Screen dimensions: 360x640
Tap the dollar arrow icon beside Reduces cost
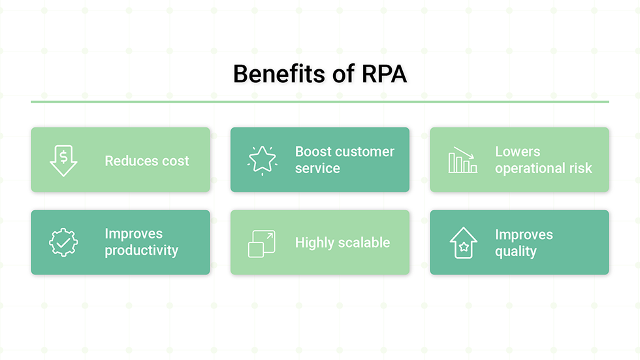pyautogui.click(x=63, y=160)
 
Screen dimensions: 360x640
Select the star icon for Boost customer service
pyautogui.click(x=262, y=160)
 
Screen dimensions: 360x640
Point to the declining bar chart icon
pyautogui.click(x=462, y=160)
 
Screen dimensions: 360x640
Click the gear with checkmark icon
pyautogui.click(x=63, y=242)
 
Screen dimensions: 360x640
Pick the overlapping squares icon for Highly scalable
pyautogui.click(x=262, y=243)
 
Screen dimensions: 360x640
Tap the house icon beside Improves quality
pyautogui.click(x=462, y=242)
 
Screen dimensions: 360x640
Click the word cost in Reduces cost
pyautogui.click(x=174, y=161)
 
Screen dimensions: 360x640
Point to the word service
pyautogui.click(x=317, y=169)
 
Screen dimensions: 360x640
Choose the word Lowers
pyautogui.click(x=517, y=152)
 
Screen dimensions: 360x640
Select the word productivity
pyautogui.click(x=141, y=251)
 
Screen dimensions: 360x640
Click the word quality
pyautogui.click(x=515, y=252)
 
